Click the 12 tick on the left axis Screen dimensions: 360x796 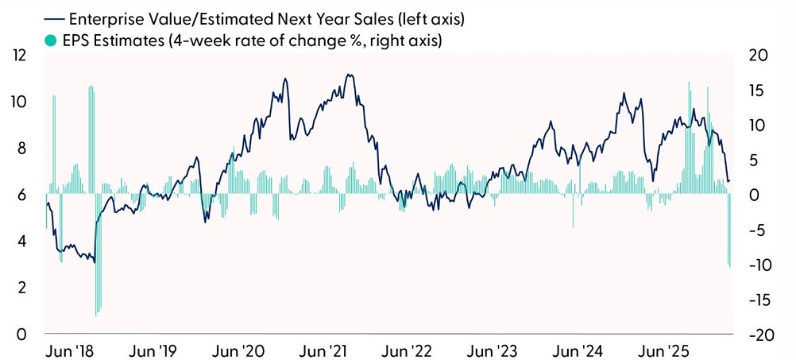click(18, 56)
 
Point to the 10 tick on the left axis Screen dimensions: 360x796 click(18, 103)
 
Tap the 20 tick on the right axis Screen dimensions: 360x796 click(761, 56)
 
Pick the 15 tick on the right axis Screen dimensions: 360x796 click(761, 91)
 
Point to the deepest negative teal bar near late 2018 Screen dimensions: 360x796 click(96, 315)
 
